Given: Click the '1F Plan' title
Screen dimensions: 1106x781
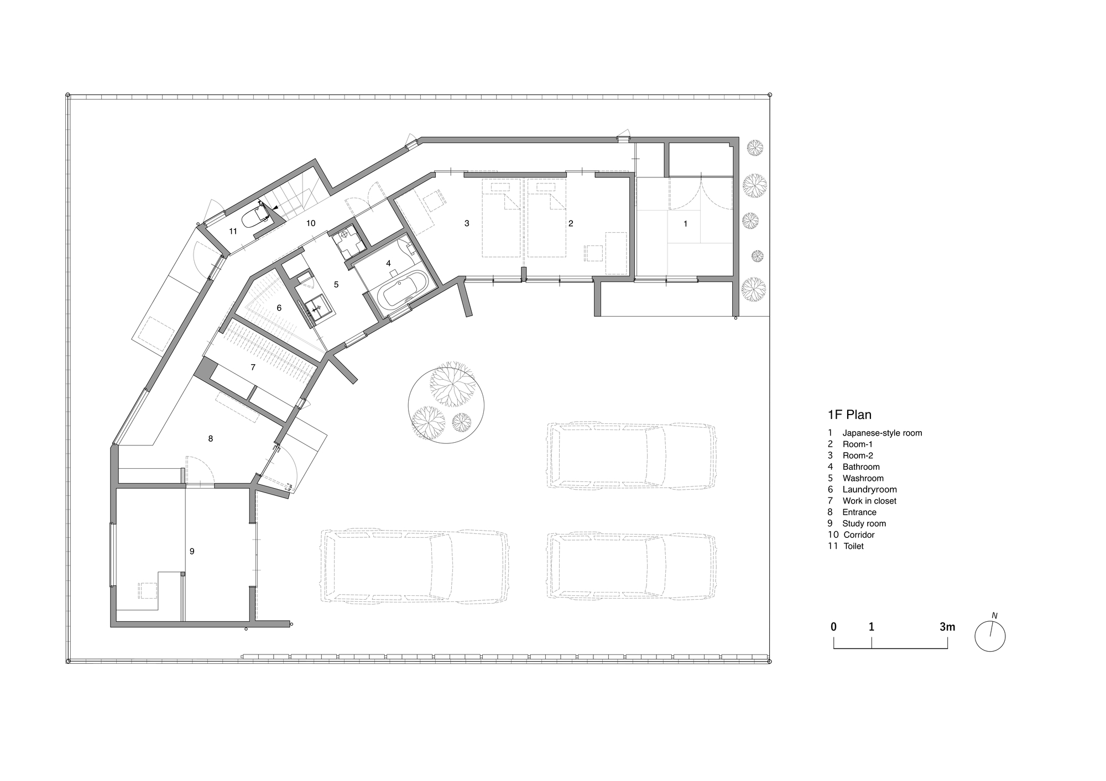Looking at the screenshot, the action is click(x=849, y=415).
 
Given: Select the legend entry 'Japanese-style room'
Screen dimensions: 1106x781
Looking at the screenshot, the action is click(x=882, y=433).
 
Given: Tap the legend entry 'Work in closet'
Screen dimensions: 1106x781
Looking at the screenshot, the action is click(x=869, y=501).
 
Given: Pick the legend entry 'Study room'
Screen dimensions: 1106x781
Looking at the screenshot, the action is click(x=864, y=523).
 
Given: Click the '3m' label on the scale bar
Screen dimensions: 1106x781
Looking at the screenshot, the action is click(x=947, y=627).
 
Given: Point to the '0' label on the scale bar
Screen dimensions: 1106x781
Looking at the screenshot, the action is click(x=833, y=627).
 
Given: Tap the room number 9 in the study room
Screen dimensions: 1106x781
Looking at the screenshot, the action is click(x=192, y=551).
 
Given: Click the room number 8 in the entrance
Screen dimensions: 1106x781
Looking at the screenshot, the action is click(x=210, y=438).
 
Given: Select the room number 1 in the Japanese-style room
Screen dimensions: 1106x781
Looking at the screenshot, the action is click(x=686, y=224).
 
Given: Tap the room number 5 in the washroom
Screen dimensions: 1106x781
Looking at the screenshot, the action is click(x=336, y=284).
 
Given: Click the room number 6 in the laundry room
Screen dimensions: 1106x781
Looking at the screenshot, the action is click(x=279, y=307).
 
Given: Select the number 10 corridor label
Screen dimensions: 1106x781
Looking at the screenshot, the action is click(x=311, y=223).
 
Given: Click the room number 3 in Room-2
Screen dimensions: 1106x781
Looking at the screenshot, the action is click(x=467, y=223).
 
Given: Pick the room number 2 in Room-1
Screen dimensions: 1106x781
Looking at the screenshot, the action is click(x=571, y=223).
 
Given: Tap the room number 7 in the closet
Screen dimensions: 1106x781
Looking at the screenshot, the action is click(x=253, y=367).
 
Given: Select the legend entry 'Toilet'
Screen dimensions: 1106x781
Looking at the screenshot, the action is click(x=853, y=546).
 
